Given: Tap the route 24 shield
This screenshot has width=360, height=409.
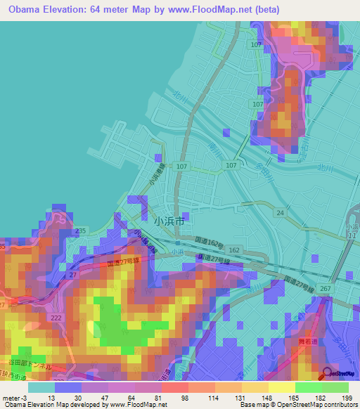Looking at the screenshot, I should (280, 212).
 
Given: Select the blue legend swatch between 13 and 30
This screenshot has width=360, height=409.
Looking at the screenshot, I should (68, 387).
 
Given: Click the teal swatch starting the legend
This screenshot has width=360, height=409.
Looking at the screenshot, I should (41, 387).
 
